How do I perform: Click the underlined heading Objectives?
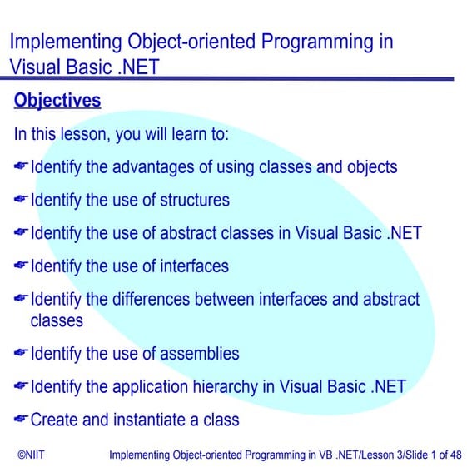click(x=57, y=102)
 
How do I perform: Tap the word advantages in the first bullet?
click(x=154, y=167)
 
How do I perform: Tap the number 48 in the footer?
click(x=455, y=455)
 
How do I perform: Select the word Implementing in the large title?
click(x=59, y=42)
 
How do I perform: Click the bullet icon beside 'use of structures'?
click(x=21, y=201)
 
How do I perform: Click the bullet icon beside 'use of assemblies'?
click(x=21, y=354)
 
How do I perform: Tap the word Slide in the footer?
click(x=403, y=455)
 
